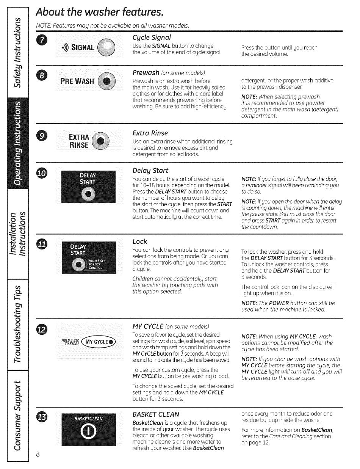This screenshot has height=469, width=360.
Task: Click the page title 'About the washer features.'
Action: pos(99,13)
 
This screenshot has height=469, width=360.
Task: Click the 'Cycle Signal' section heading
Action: pos(152,37)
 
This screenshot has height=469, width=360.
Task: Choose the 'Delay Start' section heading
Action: pos(150,170)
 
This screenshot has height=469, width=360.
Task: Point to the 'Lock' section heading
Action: pos(140,242)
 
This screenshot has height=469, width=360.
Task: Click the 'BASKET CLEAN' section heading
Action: pos(156,414)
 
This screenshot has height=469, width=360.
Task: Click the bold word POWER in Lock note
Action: pos(279,303)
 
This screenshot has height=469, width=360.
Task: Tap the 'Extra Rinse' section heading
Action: pos(150,133)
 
